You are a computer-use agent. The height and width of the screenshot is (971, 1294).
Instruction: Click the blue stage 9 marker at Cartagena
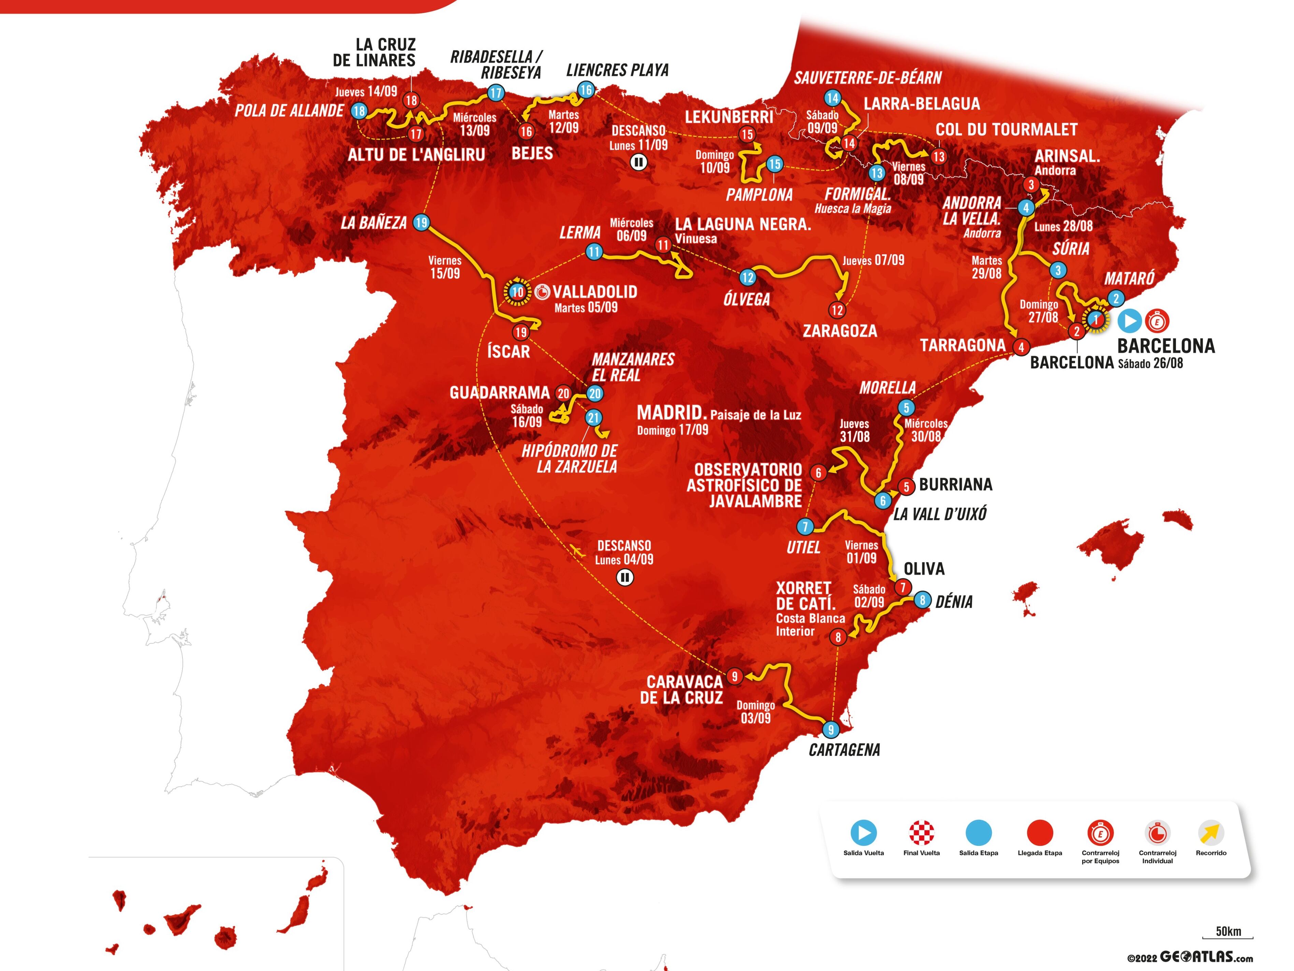[831, 729]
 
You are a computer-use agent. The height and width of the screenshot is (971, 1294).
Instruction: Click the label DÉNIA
[954, 602]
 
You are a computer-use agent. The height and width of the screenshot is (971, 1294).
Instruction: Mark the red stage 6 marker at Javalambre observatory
[819, 472]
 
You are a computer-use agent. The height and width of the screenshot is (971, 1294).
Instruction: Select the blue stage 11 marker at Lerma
[594, 252]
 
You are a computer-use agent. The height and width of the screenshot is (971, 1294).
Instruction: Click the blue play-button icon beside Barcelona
[1130, 321]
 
